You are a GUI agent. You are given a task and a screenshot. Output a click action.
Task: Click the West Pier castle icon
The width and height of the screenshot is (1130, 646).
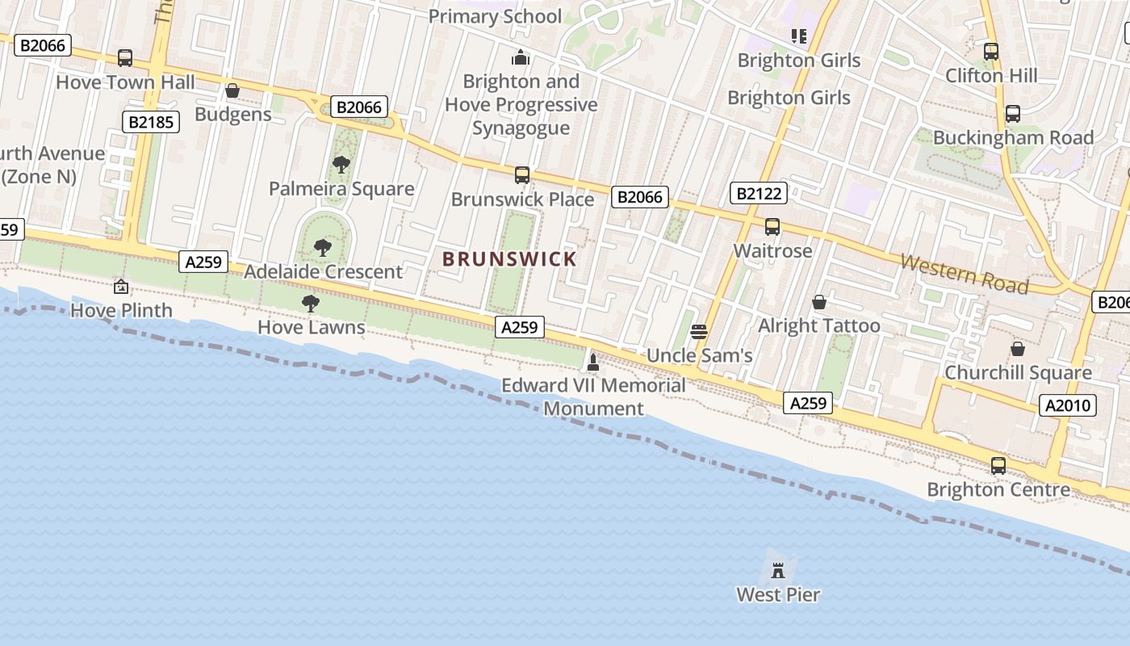(778, 570)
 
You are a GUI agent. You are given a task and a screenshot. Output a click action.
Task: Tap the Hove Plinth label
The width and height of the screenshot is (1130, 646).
(122, 310)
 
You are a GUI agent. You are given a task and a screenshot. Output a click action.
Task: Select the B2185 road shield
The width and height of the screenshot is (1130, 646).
(150, 122)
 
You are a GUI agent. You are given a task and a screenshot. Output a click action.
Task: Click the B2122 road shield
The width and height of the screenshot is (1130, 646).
(758, 193)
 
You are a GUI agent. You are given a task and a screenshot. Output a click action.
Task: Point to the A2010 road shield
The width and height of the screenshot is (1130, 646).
(1068, 405)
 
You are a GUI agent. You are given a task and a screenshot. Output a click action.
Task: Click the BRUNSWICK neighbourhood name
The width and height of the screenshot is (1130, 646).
(509, 259)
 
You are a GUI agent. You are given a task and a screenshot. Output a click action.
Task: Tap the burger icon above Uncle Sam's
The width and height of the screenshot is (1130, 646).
(699, 331)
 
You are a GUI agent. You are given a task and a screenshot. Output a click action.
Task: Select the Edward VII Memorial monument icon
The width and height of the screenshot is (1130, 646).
(593, 363)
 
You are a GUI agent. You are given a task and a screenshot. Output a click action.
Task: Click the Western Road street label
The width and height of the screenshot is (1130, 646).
(964, 274)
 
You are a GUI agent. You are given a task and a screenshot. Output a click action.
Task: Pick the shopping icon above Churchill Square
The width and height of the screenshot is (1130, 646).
(1018, 349)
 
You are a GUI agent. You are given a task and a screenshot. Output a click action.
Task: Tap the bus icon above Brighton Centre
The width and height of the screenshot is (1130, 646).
(998, 466)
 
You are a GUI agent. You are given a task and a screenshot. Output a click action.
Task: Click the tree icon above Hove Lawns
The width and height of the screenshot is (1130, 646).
(310, 304)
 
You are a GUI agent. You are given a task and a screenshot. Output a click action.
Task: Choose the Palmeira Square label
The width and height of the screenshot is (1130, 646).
(341, 189)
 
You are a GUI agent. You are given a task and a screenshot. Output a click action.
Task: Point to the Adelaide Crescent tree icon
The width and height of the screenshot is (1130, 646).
(323, 247)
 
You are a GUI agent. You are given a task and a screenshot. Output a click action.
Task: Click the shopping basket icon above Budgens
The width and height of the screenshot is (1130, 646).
(232, 90)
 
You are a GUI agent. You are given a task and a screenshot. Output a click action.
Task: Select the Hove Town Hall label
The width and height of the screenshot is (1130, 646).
(125, 82)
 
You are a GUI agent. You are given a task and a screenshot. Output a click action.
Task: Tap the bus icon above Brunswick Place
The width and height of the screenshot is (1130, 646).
(522, 175)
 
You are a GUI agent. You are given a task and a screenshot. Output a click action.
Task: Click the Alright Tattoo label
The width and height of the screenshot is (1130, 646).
(819, 325)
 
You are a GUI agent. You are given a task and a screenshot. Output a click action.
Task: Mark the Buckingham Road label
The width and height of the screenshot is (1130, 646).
(1013, 137)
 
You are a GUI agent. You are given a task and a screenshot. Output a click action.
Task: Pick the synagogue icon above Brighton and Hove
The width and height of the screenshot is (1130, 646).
(521, 57)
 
